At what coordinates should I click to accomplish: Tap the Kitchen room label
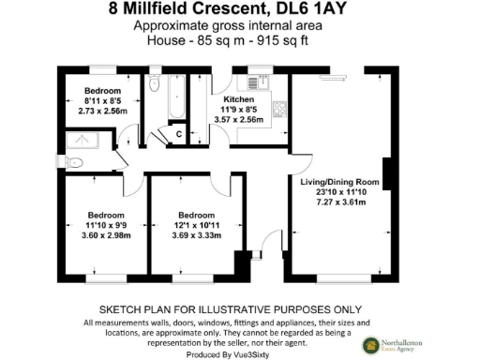[x=239, y=98]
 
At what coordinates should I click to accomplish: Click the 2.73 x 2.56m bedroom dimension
[x=102, y=111]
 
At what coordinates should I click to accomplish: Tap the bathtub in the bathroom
[x=176, y=98]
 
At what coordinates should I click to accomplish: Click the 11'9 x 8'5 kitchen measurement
[x=239, y=110]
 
